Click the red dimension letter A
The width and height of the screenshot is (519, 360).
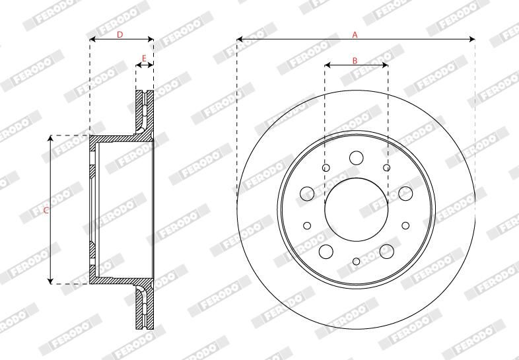click(x=355, y=34)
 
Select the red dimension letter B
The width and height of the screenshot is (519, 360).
click(x=355, y=60)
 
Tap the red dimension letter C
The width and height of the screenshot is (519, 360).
click(x=45, y=211)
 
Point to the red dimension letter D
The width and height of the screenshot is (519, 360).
click(x=120, y=34)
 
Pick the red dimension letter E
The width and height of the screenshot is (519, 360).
click(x=145, y=59)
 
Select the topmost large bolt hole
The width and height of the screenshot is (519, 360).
click(x=356, y=157)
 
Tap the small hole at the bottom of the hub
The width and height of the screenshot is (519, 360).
click(x=356, y=262)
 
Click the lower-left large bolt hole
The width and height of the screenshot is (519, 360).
click(x=326, y=251)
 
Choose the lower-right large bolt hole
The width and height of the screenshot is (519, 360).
click(x=386, y=250)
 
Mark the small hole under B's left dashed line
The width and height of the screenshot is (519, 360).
click(x=326, y=168)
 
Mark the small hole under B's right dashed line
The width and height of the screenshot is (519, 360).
click(x=387, y=168)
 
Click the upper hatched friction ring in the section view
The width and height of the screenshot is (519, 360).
click(x=145, y=109)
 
